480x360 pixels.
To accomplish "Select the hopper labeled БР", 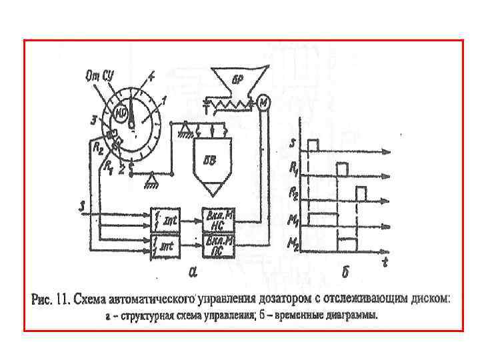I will click(x=239, y=81).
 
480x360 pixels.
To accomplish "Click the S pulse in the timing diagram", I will click(x=313, y=145).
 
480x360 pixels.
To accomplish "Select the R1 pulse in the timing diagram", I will click(x=343, y=169).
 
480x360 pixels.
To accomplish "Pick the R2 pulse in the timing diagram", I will click(x=361, y=193).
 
